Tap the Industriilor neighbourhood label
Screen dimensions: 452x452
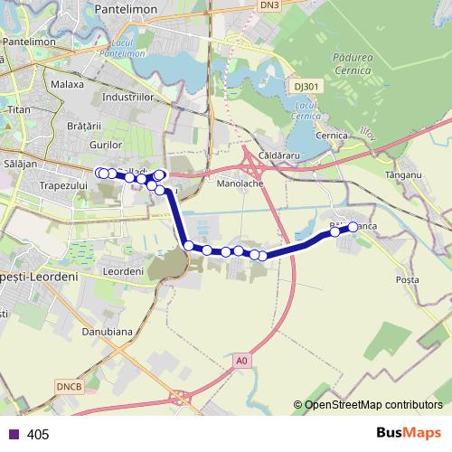tap(130, 95)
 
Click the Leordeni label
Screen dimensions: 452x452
tap(125, 270)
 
